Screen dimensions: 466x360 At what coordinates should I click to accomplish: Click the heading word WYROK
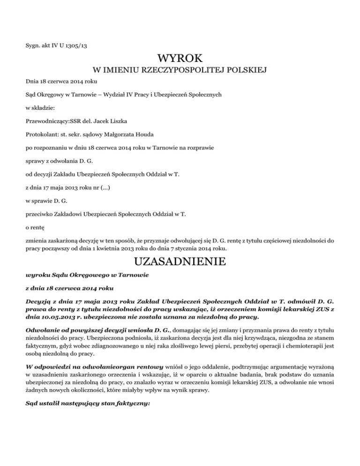click(180, 59)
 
